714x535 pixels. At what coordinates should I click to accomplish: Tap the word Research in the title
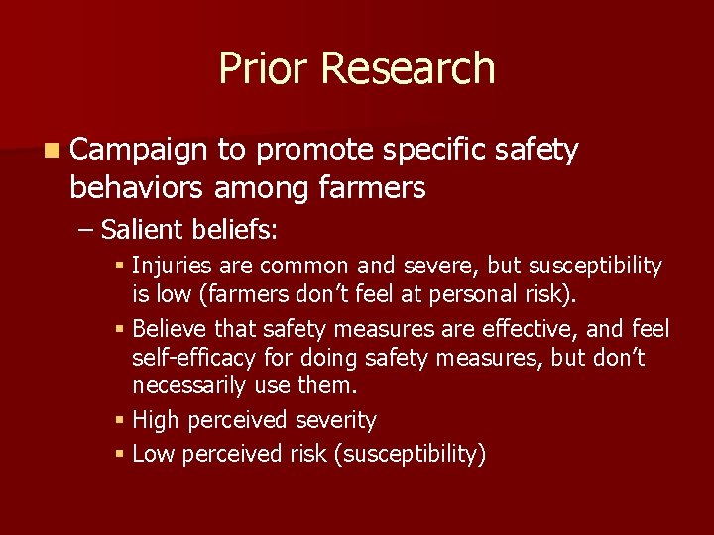[408, 68]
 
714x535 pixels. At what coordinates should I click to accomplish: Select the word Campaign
[139, 151]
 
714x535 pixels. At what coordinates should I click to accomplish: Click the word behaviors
[138, 187]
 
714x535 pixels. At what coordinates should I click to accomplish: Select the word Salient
[143, 231]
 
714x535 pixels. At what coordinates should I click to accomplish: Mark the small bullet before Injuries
[120, 267]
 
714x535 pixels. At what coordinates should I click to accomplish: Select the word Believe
[168, 328]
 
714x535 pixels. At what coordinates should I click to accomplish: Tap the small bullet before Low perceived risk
[120, 455]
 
